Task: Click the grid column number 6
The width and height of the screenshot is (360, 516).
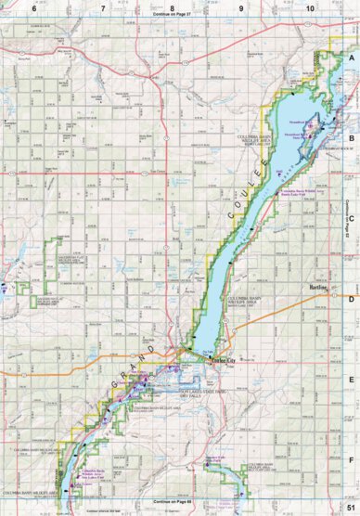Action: tap(33, 7)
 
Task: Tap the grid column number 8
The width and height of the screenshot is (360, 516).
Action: tap(172, 7)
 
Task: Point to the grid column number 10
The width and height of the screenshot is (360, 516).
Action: tap(310, 7)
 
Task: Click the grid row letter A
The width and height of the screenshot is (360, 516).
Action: tap(351, 57)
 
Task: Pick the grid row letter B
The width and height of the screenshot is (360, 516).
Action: tap(351, 135)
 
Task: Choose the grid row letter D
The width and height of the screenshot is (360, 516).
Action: tap(351, 299)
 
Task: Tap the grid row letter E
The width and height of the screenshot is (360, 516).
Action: tap(351, 379)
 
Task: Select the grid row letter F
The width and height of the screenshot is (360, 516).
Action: tap(351, 458)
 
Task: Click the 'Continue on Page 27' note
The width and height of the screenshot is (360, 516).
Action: tap(172, 16)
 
